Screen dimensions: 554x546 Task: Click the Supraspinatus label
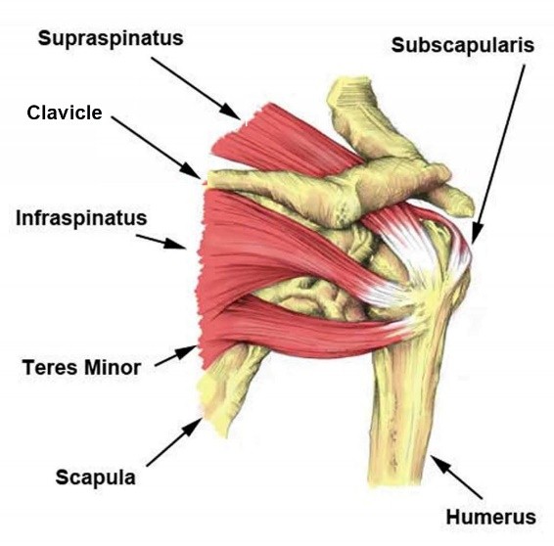click(x=111, y=39)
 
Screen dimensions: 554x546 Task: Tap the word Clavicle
click(x=65, y=113)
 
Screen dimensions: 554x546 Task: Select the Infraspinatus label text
click(x=81, y=218)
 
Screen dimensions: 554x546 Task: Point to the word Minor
click(x=113, y=367)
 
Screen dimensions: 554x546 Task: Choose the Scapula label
click(x=95, y=478)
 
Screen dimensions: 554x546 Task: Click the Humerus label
click(x=490, y=517)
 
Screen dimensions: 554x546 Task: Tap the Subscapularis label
click(x=463, y=45)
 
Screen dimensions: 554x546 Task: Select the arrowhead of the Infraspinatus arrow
click(x=175, y=244)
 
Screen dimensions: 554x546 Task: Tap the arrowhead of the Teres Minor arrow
click(x=186, y=351)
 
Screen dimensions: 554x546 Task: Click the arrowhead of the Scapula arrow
click(x=193, y=427)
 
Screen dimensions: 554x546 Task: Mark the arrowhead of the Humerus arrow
click(x=440, y=465)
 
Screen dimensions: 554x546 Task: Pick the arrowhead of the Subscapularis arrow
click(x=477, y=234)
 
